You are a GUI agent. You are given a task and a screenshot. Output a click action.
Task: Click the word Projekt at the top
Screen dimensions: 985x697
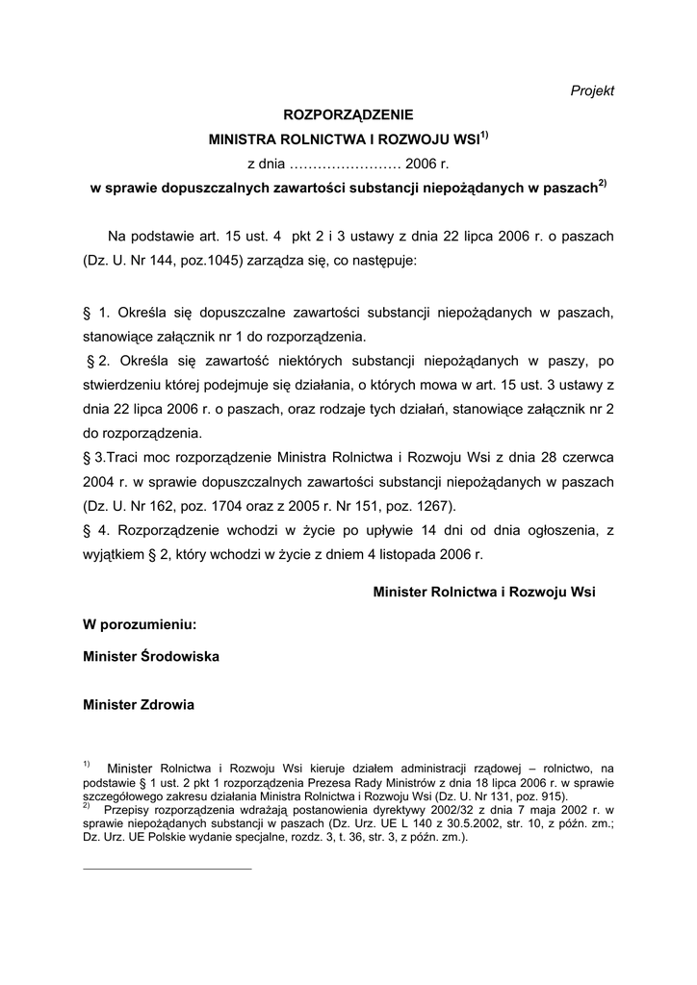coord(592,90)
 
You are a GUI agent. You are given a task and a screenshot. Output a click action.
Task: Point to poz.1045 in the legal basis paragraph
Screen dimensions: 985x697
coord(217,261)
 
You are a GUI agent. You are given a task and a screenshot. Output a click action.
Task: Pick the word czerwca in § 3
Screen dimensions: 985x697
coord(586,455)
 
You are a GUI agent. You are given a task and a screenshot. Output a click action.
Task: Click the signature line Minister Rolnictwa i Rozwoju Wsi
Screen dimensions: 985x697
coord(484,593)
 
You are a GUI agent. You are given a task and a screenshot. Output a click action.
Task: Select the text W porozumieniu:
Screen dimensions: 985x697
coord(141,624)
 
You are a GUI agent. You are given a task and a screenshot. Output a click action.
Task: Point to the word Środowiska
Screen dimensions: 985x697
coord(180,656)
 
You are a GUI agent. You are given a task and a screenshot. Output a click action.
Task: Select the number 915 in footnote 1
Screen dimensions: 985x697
coord(555,796)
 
